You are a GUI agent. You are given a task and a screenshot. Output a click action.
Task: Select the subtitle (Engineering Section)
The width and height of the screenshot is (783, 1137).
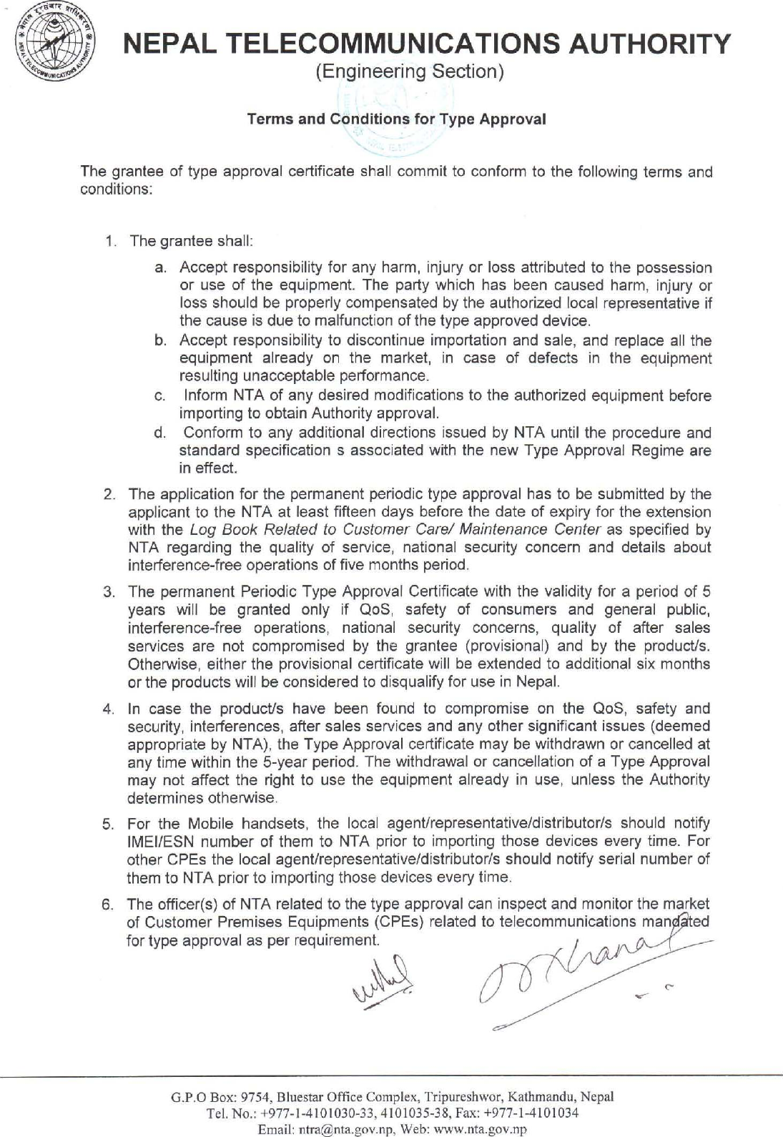tap(410, 72)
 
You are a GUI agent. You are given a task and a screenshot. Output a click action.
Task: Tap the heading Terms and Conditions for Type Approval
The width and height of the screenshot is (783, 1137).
tap(396, 119)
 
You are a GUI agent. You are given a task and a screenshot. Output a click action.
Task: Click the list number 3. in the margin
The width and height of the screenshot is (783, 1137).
tap(109, 592)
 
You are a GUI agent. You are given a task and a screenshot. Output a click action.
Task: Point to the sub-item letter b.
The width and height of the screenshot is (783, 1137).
tap(160, 341)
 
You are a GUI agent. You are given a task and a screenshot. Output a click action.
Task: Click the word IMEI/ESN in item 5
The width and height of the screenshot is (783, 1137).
tap(155, 842)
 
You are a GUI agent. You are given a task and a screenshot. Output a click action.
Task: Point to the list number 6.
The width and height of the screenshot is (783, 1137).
tap(109, 905)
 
